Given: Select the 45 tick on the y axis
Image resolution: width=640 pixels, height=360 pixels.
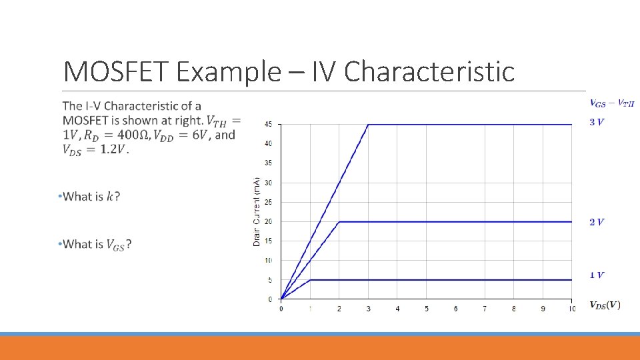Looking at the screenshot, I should (x=268, y=124).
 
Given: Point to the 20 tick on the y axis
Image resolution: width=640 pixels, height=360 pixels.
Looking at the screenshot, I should (x=268, y=221).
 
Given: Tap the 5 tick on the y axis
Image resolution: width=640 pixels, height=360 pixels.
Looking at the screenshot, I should (x=269, y=280).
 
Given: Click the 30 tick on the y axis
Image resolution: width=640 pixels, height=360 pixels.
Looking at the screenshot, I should (x=268, y=183).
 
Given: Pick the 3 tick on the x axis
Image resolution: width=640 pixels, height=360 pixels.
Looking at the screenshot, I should (x=368, y=309).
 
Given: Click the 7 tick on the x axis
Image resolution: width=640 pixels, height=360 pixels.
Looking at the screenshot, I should (x=485, y=309).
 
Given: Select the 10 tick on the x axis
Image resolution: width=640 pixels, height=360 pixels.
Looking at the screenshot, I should (x=571, y=309).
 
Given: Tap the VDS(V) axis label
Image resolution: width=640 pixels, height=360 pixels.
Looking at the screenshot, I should (x=605, y=305).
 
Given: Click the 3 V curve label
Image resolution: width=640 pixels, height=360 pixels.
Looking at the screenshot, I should (x=597, y=122).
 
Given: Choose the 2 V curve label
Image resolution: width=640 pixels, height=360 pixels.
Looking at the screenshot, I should (x=597, y=222).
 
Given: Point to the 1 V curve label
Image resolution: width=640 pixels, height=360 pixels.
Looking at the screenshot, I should (x=597, y=275).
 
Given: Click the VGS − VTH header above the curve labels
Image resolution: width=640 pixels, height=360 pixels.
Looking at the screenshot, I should (x=612, y=103).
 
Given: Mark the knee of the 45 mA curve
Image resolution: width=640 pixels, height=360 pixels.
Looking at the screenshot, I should (x=369, y=124).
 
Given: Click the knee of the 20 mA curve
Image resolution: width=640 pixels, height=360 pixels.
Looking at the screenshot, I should (x=339, y=221).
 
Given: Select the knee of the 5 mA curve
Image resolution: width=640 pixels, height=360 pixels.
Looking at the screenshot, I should (x=311, y=280).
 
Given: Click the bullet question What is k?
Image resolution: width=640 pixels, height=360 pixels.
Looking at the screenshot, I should (x=91, y=197).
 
